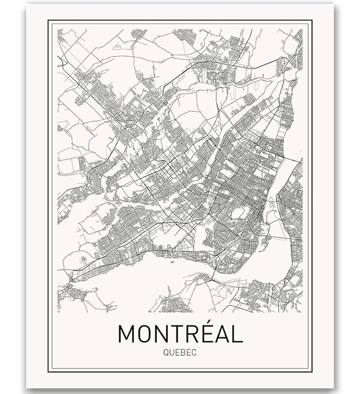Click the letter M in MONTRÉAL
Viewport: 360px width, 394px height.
(x=127, y=334)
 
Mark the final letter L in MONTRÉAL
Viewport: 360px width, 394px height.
(x=238, y=334)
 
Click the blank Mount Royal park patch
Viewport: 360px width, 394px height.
(x=239, y=213)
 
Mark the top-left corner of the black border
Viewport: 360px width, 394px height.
(x=48, y=20)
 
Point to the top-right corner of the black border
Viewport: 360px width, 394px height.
(x=312, y=20)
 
